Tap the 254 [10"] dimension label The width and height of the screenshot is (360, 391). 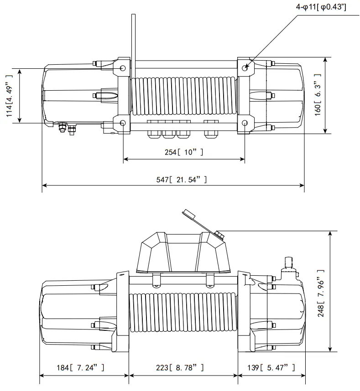click(184, 152)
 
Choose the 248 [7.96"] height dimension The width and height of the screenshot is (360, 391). click(321, 292)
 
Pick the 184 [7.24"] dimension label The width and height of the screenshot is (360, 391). click(83, 367)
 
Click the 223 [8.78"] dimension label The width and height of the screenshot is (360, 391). click(183, 367)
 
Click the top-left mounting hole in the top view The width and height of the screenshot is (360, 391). click(123, 68)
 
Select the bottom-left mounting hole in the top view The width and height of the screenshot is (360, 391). click(123, 123)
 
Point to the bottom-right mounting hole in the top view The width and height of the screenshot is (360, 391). click(245, 123)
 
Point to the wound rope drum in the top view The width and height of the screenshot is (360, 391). click(183, 96)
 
